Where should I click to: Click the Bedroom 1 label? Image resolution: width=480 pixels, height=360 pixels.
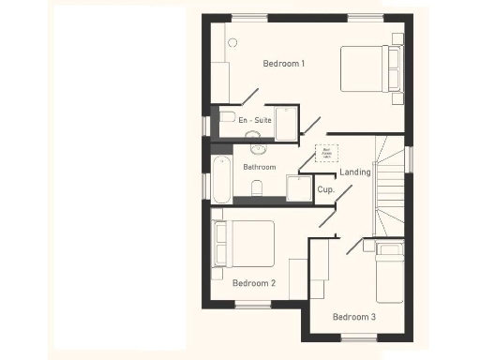pyautogui.click(x=283, y=64)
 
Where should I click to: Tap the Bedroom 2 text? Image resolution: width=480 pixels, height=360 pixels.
pyautogui.click(x=253, y=282)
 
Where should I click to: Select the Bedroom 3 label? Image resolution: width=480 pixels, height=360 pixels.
pyautogui.click(x=354, y=317)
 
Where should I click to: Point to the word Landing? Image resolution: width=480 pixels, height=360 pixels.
pyautogui.click(x=355, y=172)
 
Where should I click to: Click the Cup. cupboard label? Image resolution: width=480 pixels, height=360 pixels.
pyautogui.click(x=325, y=189)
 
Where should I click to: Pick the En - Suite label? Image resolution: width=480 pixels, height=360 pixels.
pyautogui.click(x=254, y=121)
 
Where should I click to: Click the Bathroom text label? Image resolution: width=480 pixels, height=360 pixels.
pyautogui.click(x=260, y=167)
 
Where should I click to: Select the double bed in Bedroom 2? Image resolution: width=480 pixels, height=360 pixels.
pyautogui.click(x=245, y=244)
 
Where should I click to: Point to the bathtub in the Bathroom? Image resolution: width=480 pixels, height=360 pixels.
pyautogui.click(x=221, y=178)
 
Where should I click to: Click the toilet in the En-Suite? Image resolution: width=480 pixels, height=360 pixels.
pyautogui.click(x=226, y=117)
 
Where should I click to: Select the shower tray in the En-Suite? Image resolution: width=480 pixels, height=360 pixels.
pyautogui.click(x=287, y=122)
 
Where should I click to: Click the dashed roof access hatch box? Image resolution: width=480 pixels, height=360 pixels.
pyautogui.click(x=327, y=152)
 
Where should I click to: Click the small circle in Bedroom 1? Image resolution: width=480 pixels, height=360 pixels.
pyautogui.click(x=232, y=42)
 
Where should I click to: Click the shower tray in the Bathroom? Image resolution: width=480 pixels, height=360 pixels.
pyautogui.click(x=299, y=188)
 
